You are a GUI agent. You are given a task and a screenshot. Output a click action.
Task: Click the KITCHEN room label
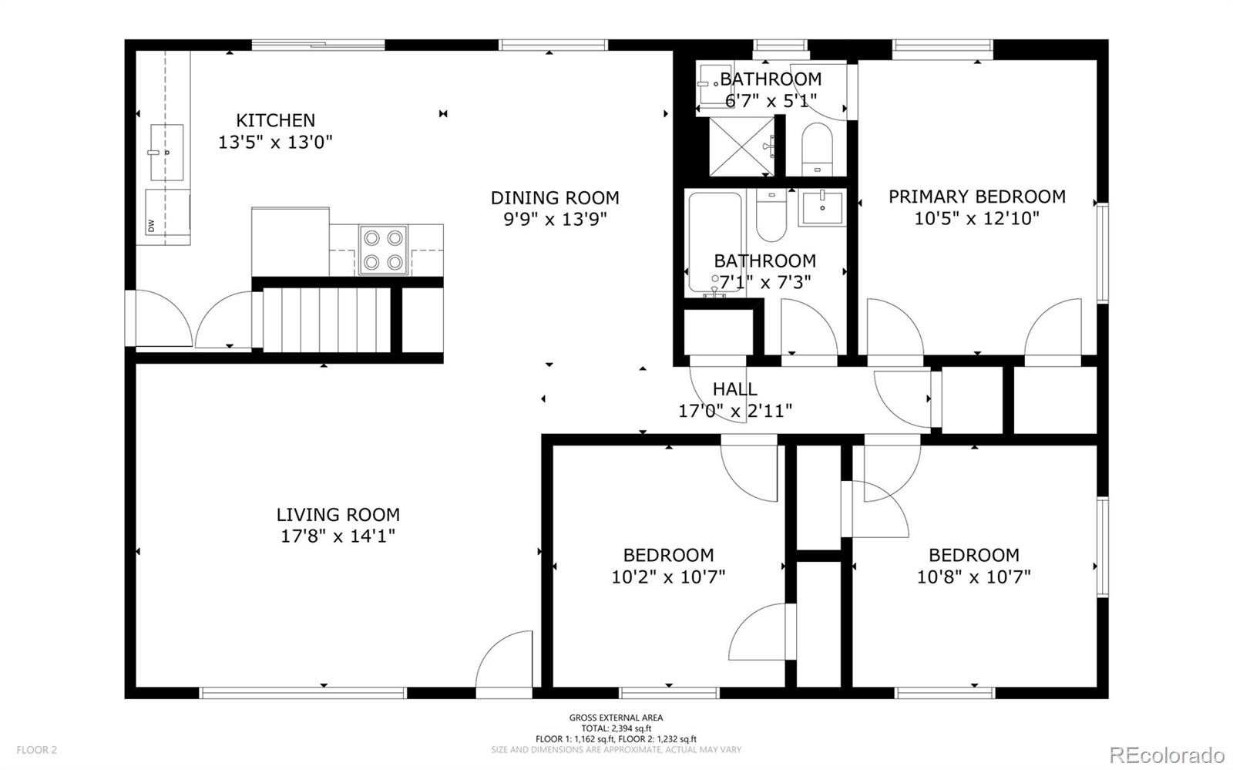[x=275, y=120]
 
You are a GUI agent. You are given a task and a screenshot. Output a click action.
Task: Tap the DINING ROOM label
[x=555, y=197]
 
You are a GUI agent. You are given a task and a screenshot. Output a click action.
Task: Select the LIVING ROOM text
[x=338, y=515]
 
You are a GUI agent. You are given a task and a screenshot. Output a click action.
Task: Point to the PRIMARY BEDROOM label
[x=976, y=197]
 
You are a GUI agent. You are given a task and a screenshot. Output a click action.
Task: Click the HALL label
[x=735, y=389]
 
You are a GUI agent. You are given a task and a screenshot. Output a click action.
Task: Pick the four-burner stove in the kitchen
[x=383, y=249]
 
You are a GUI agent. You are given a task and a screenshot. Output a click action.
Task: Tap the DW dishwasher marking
[x=151, y=225]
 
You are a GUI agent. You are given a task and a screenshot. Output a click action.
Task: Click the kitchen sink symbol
[x=166, y=153]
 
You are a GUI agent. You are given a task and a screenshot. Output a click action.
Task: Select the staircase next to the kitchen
[x=327, y=320]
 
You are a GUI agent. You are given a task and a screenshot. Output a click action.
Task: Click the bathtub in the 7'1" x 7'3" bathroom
[x=715, y=242]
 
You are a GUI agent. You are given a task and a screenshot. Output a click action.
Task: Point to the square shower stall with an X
[x=741, y=146]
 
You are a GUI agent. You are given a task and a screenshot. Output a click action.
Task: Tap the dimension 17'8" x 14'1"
[x=338, y=536]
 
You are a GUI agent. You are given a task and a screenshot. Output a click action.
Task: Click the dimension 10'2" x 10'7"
[x=668, y=577]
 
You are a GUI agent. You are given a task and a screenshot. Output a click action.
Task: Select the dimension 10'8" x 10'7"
[x=974, y=577]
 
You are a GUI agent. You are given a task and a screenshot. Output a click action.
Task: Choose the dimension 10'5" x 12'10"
[x=976, y=218]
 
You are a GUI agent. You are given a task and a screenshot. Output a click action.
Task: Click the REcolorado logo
[x=1167, y=755]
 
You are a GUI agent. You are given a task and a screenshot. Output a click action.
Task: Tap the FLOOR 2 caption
[x=36, y=750]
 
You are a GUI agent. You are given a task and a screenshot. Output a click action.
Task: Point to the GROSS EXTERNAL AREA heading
[x=616, y=718]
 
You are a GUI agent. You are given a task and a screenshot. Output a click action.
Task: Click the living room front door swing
[x=504, y=659]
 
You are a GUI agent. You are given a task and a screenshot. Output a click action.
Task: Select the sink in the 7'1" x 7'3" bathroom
[x=822, y=207]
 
